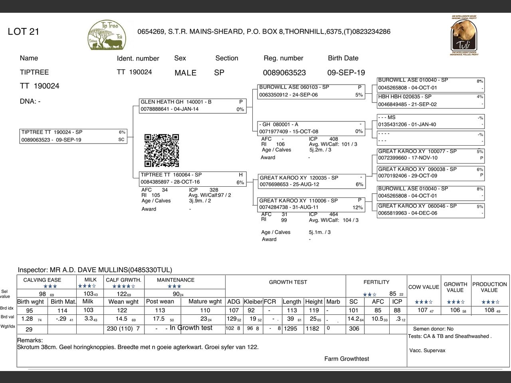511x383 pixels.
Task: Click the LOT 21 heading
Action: pyautogui.click(x=24, y=32)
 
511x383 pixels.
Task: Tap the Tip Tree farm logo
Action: pyautogui.click(x=107, y=36)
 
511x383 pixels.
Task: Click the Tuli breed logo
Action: pyautogui.click(x=463, y=36)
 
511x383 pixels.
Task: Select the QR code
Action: pyautogui.click(x=162, y=150)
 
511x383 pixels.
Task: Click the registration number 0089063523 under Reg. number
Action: pyautogui.click(x=284, y=73)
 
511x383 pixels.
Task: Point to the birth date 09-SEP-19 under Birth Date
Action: pyautogui.click(x=346, y=73)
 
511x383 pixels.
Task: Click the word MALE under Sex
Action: pyautogui.click(x=185, y=73)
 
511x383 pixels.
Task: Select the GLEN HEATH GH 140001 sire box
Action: pyautogui.click(x=192, y=106)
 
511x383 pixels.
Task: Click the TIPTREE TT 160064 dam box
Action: pyautogui.click(x=192, y=178)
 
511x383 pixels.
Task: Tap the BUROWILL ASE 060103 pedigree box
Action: pyautogui.click(x=311, y=91)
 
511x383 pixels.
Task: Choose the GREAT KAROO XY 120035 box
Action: pyautogui.click(x=311, y=181)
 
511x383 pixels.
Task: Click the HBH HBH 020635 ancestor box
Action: pyautogui.click(x=430, y=101)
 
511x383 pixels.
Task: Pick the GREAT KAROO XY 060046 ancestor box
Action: pyautogui.click(x=430, y=209)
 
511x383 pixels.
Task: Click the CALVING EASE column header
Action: pyautogui.click(x=42, y=280)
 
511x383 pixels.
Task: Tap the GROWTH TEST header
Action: pyautogui.click(x=288, y=282)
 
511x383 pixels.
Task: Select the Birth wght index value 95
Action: pyautogui.click(x=30, y=310)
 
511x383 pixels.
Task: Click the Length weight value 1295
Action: pyautogui.click(x=291, y=329)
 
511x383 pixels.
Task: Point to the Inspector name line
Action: pyautogui.click(x=95, y=270)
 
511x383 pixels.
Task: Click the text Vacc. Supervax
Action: pyautogui.click(x=427, y=351)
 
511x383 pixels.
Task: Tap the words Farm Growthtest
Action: pyautogui.click(x=347, y=359)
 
